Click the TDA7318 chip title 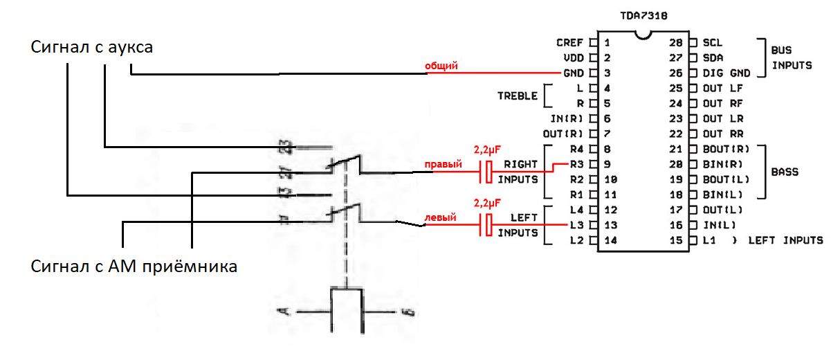click(643, 14)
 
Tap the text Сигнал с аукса click(92, 48)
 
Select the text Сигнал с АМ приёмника click(134, 266)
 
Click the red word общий click(441, 65)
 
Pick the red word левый click(440, 217)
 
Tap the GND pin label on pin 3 click(574, 73)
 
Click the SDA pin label click(713, 57)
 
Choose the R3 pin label click(576, 165)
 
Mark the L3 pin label click(576, 225)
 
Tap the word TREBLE click(518, 96)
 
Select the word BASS click(785, 172)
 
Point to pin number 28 click(677, 42)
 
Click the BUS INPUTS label click(792, 57)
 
